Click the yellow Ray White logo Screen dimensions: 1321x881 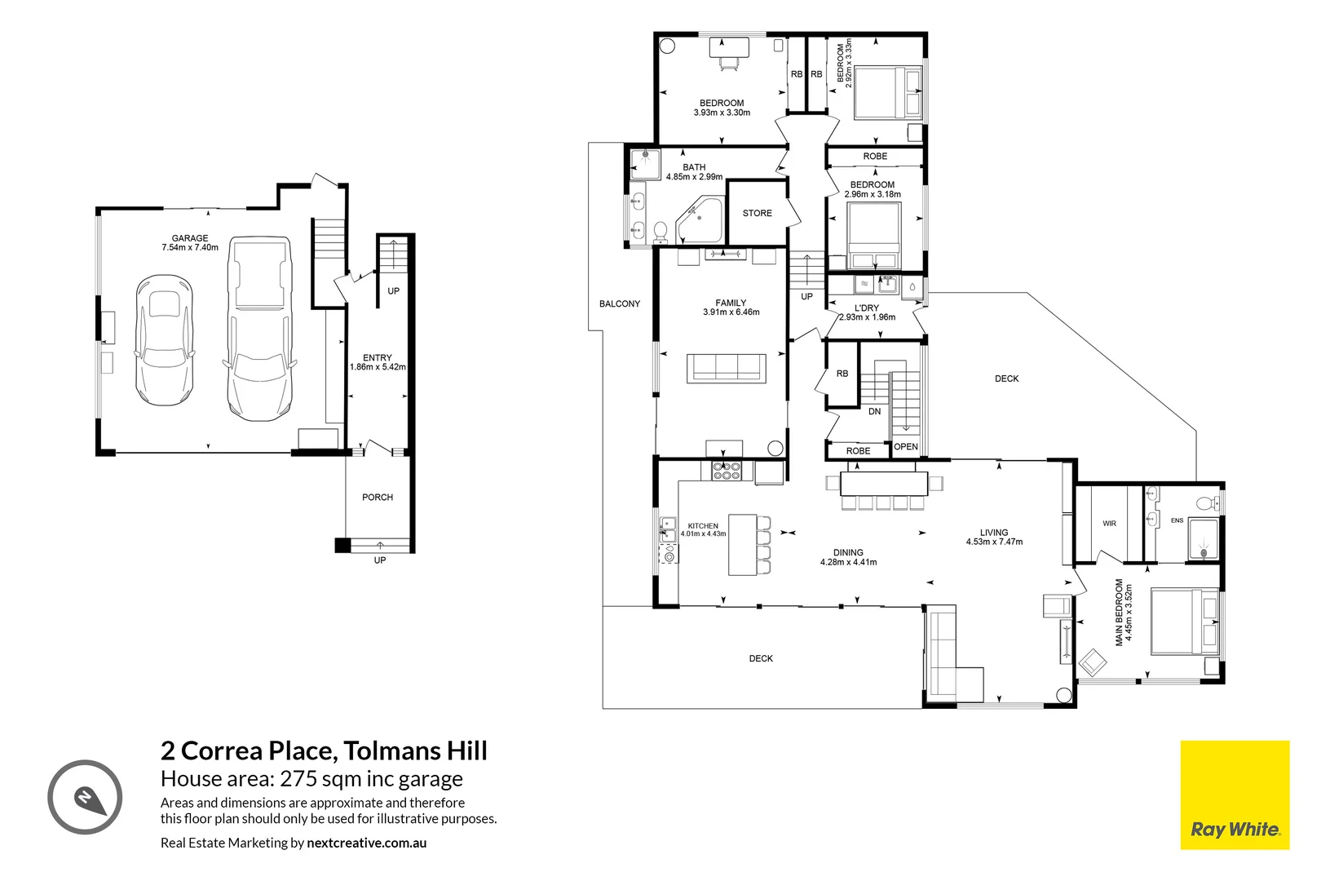[1235, 795]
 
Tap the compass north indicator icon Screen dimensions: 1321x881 [85, 797]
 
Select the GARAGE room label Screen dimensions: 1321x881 [190, 238]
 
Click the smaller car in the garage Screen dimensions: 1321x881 [165, 340]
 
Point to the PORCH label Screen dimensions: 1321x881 [378, 498]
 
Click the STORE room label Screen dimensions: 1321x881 [758, 213]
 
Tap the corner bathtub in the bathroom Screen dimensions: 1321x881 [700, 220]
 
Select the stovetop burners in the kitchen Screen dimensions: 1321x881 [727, 471]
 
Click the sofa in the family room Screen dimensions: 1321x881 [727, 369]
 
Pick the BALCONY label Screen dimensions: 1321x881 [619, 304]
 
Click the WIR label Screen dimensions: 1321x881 [1109, 524]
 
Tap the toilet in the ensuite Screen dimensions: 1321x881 [1208, 503]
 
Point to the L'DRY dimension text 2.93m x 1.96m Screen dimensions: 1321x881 [867, 317]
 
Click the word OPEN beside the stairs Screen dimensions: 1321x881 [906, 447]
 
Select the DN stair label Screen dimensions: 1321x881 [875, 411]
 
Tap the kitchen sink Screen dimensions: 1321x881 [668, 529]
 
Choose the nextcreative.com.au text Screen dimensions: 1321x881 [366, 843]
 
